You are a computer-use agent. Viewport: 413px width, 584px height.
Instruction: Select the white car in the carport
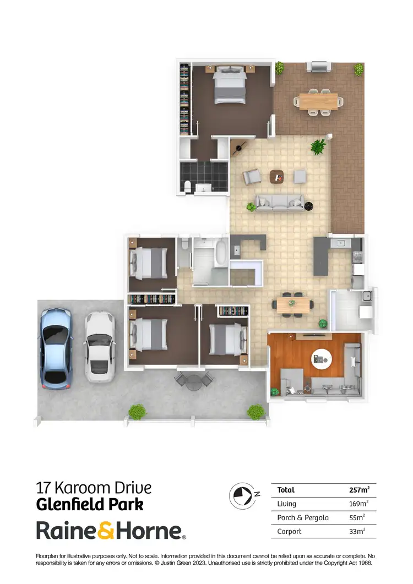tap(99, 348)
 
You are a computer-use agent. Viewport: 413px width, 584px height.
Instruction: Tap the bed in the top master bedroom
tap(229, 85)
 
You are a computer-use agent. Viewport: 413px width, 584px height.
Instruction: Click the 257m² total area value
tap(359, 490)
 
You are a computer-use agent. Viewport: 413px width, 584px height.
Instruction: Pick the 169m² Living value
tap(359, 504)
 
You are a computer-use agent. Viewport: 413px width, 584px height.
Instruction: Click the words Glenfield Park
tap(90, 504)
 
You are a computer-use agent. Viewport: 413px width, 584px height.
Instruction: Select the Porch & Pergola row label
tap(301, 517)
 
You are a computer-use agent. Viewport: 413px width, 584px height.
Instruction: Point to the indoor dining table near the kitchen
tap(294, 303)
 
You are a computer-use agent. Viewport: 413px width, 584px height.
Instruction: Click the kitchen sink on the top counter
tap(341, 243)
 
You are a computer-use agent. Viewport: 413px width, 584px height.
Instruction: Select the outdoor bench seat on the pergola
tap(319, 67)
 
